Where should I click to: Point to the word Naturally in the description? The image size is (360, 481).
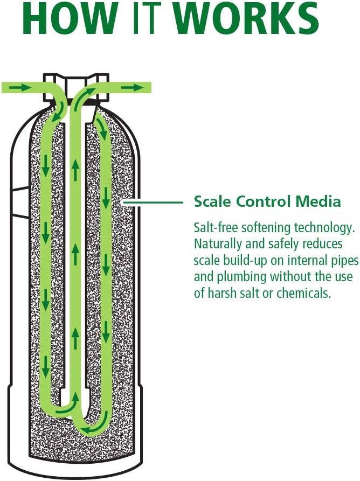pos(218,244)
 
